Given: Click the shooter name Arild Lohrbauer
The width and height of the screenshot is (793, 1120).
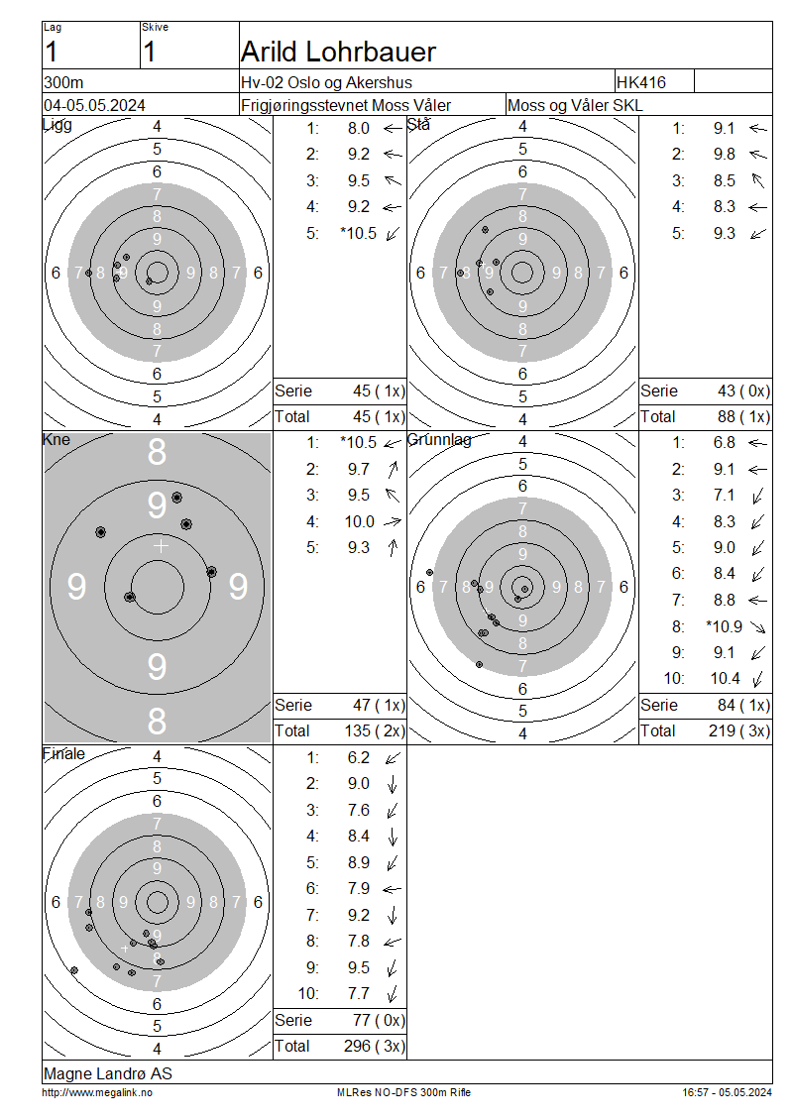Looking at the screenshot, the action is pyautogui.click(x=338, y=52).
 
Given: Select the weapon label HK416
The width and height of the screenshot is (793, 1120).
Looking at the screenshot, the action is pyautogui.click(x=640, y=82).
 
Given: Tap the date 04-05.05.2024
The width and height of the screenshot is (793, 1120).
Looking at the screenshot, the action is pyautogui.click(x=94, y=105).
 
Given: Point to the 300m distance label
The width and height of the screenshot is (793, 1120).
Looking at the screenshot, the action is pyautogui.click(x=63, y=82).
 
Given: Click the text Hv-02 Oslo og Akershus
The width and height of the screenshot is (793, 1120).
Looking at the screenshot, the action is pyautogui.click(x=326, y=82).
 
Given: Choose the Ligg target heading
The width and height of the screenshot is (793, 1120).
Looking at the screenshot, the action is pyautogui.click(x=57, y=124).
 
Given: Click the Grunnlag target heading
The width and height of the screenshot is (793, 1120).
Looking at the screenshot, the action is pyautogui.click(x=439, y=439).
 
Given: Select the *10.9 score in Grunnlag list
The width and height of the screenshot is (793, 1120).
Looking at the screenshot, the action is pyautogui.click(x=725, y=626).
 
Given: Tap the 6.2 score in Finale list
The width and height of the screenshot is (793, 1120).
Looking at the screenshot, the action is pyautogui.click(x=359, y=757).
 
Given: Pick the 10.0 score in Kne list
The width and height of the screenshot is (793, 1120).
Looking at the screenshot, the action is pyautogui.click(x=360, y=521).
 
